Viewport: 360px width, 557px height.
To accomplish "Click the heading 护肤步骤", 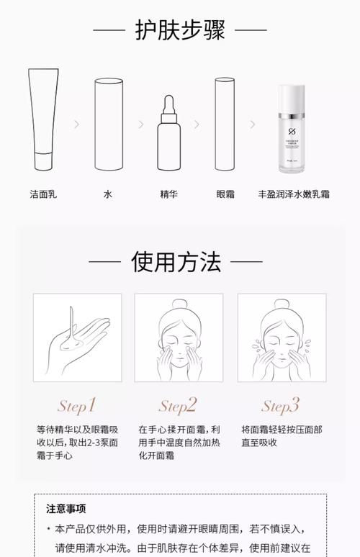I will pyautogui.click(x=180, y=30).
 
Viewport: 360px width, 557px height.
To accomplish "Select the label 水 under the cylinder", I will pyautogui.click(x=109, y=194).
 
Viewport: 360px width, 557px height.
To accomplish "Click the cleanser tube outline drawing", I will pyautogui.click(x=43, y=119).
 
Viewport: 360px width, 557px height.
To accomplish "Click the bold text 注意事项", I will pyautogui.click(x=66, y=508).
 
